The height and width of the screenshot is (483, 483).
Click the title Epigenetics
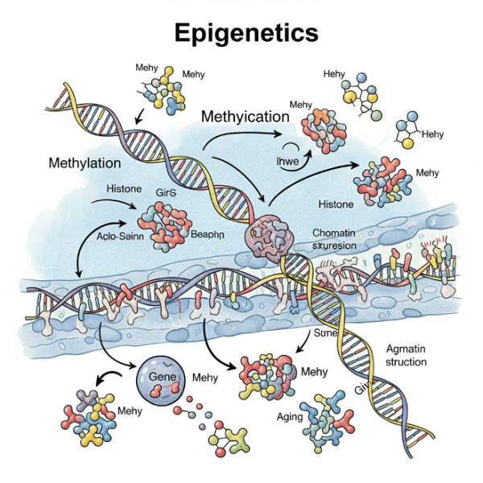pos(246,34)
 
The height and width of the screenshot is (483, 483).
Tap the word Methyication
pos(245,117)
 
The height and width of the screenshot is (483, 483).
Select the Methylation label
pos(85,163)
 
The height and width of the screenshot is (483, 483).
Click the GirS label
pos(165,193)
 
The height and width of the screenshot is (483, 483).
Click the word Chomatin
pos(334,233)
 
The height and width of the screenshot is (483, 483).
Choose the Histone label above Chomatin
pos(336,205)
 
